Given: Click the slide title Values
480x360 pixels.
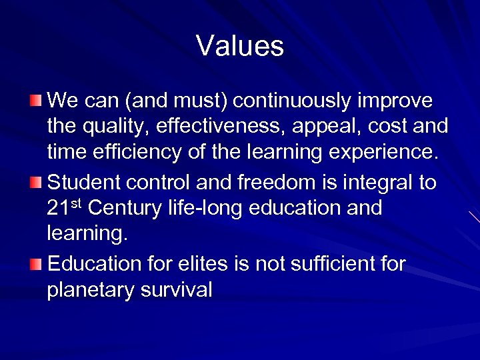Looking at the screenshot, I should (240, 46).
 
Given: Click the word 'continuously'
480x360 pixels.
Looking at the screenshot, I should (296, 101).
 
